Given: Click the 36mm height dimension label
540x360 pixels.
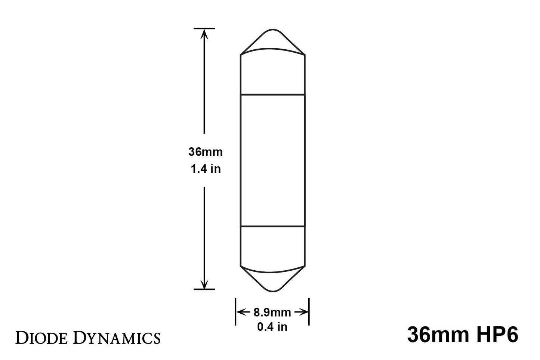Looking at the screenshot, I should coord(205,152).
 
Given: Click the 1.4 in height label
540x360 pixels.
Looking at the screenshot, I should coord(206,169).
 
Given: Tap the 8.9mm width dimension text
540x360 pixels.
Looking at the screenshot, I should coord(272,312).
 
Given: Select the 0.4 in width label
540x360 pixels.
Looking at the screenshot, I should coord(272,327).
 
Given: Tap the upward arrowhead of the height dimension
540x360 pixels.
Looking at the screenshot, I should coord(204,34).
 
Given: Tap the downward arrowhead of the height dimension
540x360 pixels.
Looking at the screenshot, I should coord(204,284).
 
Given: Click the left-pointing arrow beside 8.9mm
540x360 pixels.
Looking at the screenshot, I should coord(243,312).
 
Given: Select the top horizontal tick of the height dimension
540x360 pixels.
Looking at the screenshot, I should coord(204,28).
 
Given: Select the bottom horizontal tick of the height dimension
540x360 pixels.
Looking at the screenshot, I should coord(204,289).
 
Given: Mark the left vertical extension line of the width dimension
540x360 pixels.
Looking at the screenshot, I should coord(235,312).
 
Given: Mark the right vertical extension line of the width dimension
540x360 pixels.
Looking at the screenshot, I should coord(309,312).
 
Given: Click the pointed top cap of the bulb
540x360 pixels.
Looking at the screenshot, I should coord(272,40).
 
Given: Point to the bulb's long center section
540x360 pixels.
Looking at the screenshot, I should coord(272,160).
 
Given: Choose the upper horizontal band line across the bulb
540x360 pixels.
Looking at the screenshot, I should coord(272,95).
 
